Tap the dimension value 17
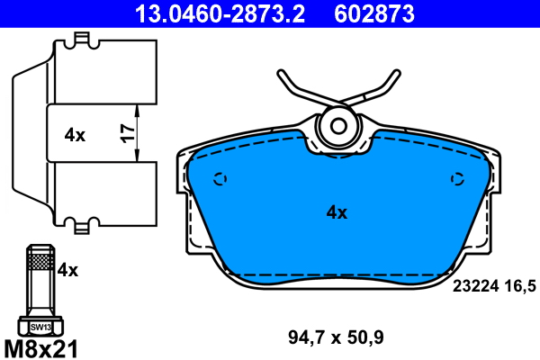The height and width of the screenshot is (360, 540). click(x=127, y=134)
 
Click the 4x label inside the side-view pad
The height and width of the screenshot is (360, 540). click(x=75, y=135)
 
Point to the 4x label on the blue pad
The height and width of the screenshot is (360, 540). click(x=336, y=212)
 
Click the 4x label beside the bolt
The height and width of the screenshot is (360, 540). click(x=68, y=269)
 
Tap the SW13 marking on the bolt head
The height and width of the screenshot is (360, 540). click(x=40, y=328)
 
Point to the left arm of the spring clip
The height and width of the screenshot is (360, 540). click(x=292, y=90)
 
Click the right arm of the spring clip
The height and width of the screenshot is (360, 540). click(x=382, y=88)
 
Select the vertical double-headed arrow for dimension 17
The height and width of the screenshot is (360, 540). click(x=137, y=134)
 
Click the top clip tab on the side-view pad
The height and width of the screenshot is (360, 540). click(x=83, y=40)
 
